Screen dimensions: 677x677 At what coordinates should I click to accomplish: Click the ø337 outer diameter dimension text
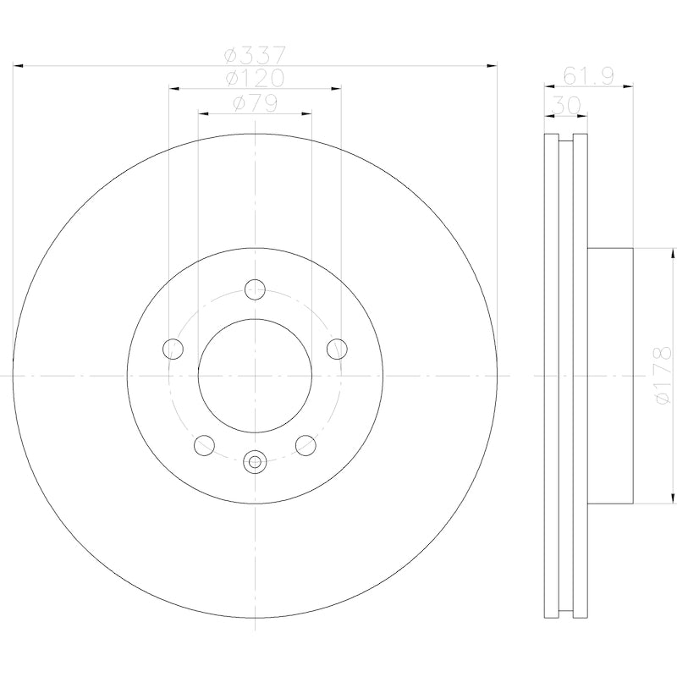point(255,55)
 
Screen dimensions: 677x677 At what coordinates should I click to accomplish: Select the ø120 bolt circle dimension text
point(255,79)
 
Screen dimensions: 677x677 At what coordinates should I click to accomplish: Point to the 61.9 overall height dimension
point(588,78)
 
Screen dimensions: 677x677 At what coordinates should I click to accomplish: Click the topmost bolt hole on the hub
point(255,289)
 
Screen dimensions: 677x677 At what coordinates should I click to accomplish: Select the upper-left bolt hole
point(173,348)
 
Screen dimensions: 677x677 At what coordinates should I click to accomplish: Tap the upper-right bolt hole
point(337,348)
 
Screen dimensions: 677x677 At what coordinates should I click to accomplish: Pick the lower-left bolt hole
point(204,444)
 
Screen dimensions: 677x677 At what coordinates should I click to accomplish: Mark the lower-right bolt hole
point(305,444)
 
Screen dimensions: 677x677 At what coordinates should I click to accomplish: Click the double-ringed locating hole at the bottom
point(255,461)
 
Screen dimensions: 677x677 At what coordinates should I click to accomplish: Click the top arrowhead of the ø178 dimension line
point(671,252)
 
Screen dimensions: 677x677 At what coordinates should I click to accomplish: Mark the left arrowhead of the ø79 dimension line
point(203,112)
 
